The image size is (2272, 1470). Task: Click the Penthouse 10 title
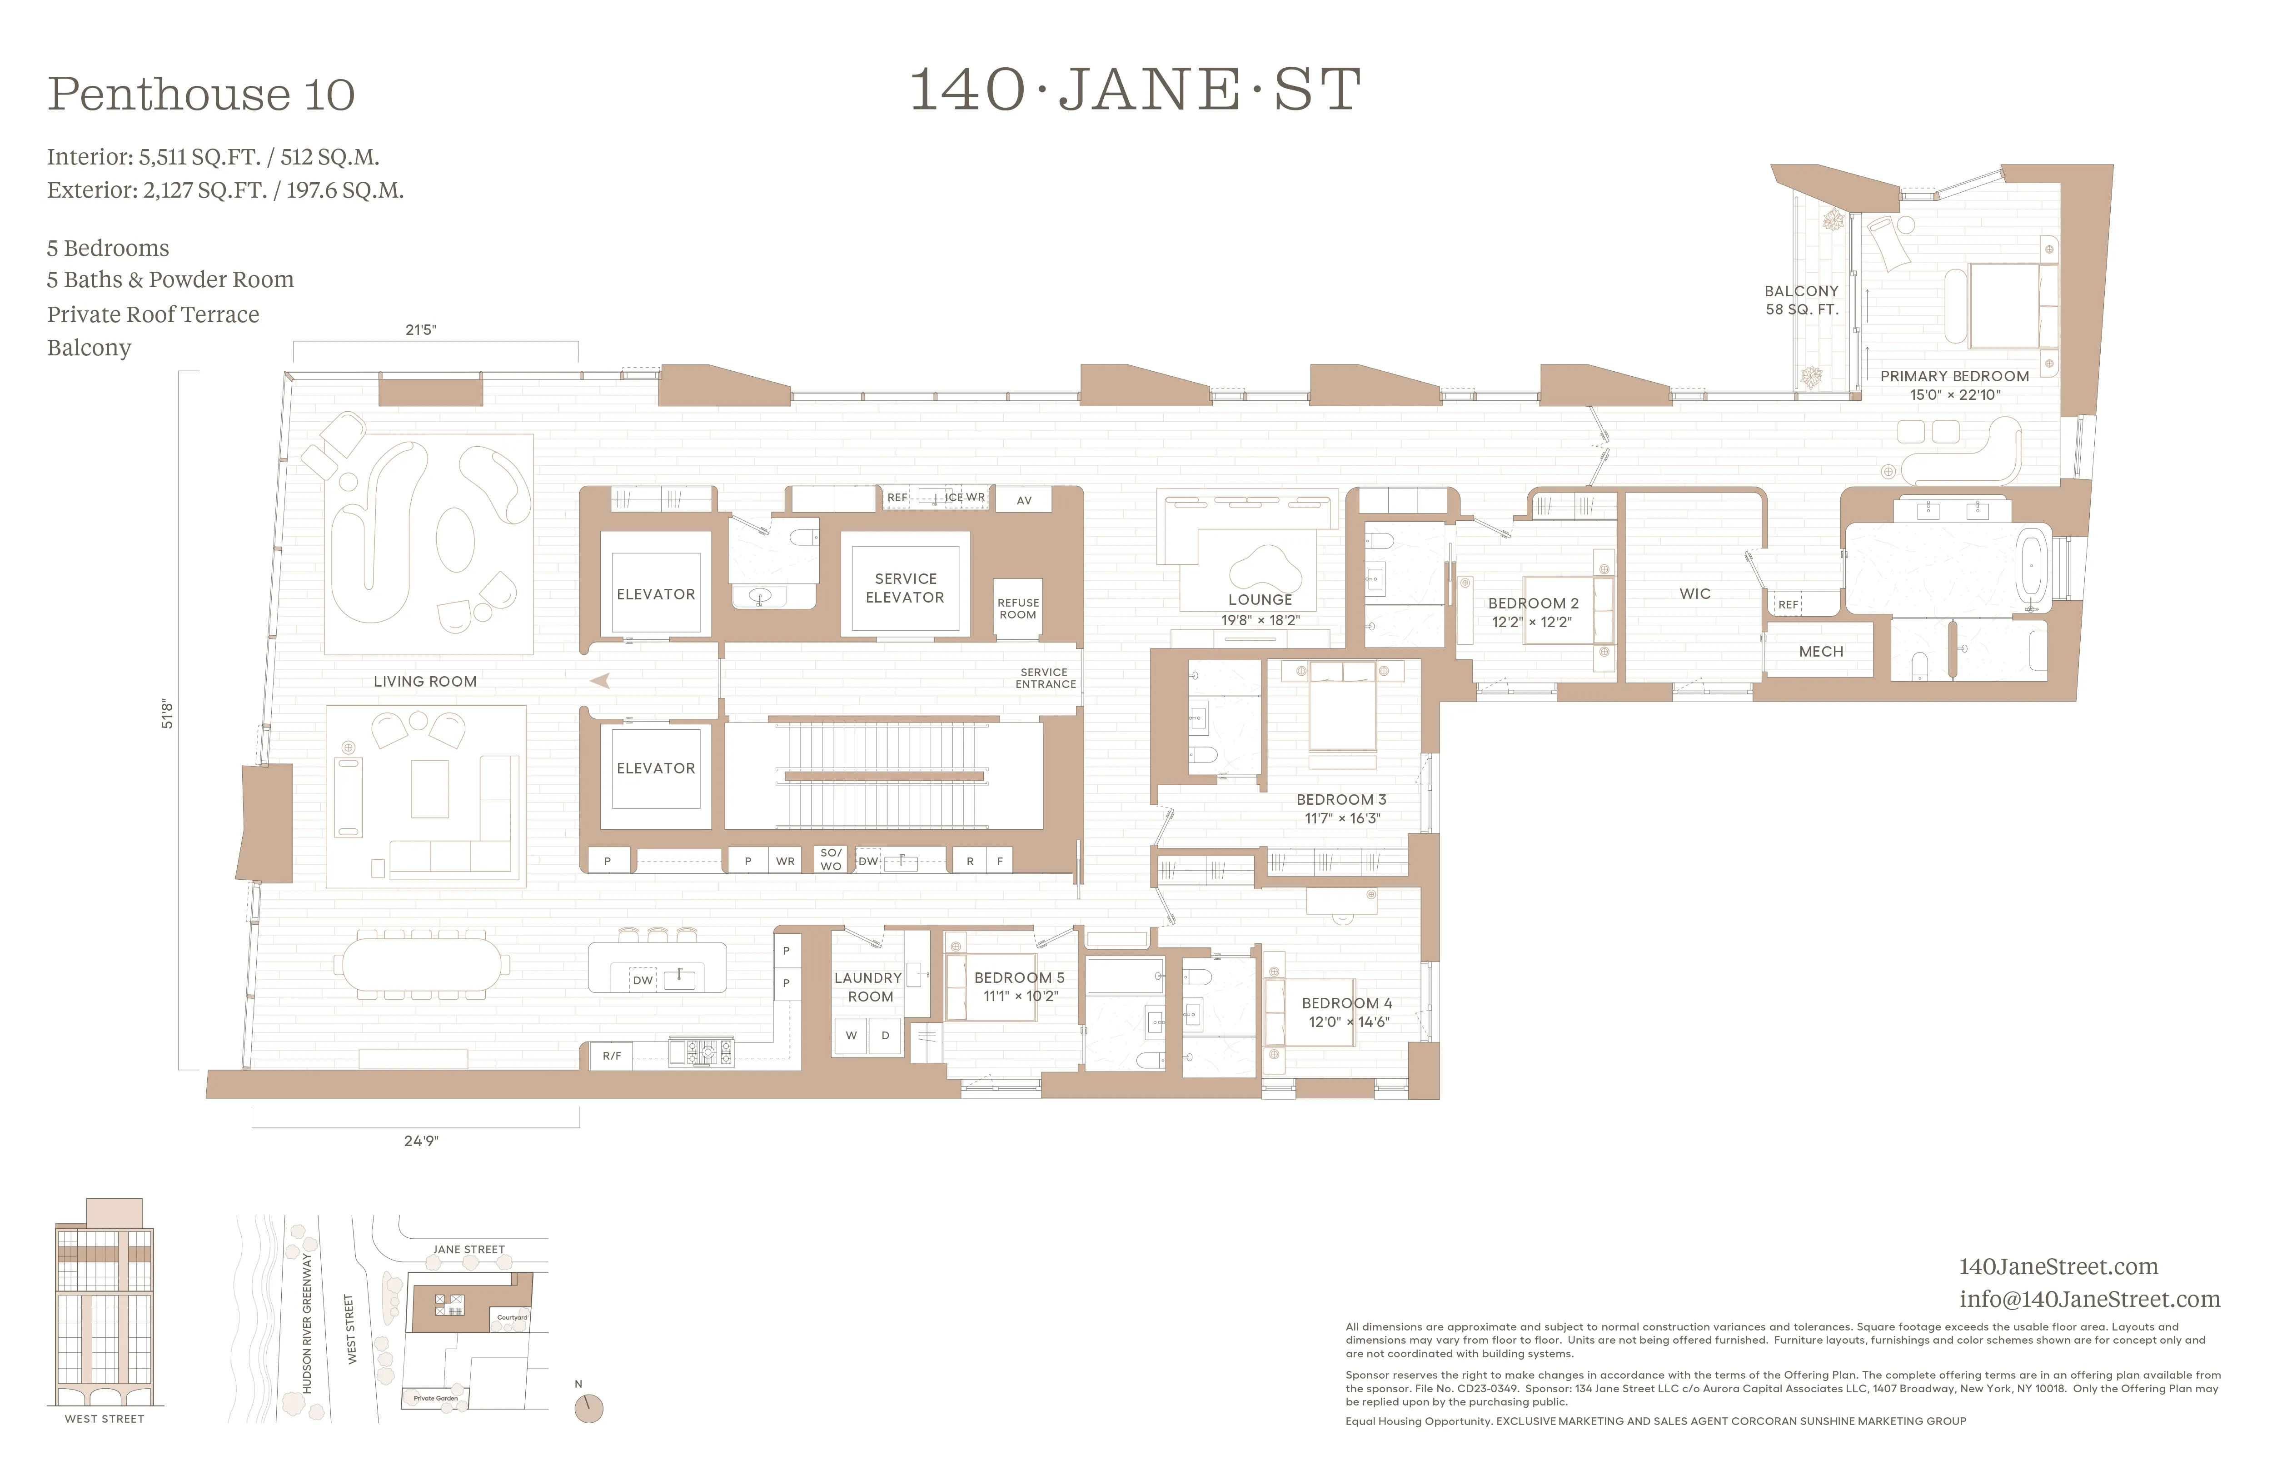coord(201,94)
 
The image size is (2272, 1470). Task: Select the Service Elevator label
coord(905,588)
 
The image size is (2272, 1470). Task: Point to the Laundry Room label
coord(869,987)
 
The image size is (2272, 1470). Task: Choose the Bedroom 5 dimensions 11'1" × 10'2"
coord(1021,997)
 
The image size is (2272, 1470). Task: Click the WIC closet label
coord(1694,594)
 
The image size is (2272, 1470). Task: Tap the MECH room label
coord(1820,652)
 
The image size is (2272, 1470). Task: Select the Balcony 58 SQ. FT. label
coord(1800,300)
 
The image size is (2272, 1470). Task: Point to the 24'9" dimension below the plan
coord(421,1141)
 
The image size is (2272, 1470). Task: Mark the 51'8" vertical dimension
coord(167,714)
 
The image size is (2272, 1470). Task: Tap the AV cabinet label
coord(1023,500)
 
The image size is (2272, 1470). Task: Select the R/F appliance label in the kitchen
coord(611,1056)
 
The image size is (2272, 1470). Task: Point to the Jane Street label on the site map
coord(469,1250)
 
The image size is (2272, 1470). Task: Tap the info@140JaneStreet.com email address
coord(2089,1299)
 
